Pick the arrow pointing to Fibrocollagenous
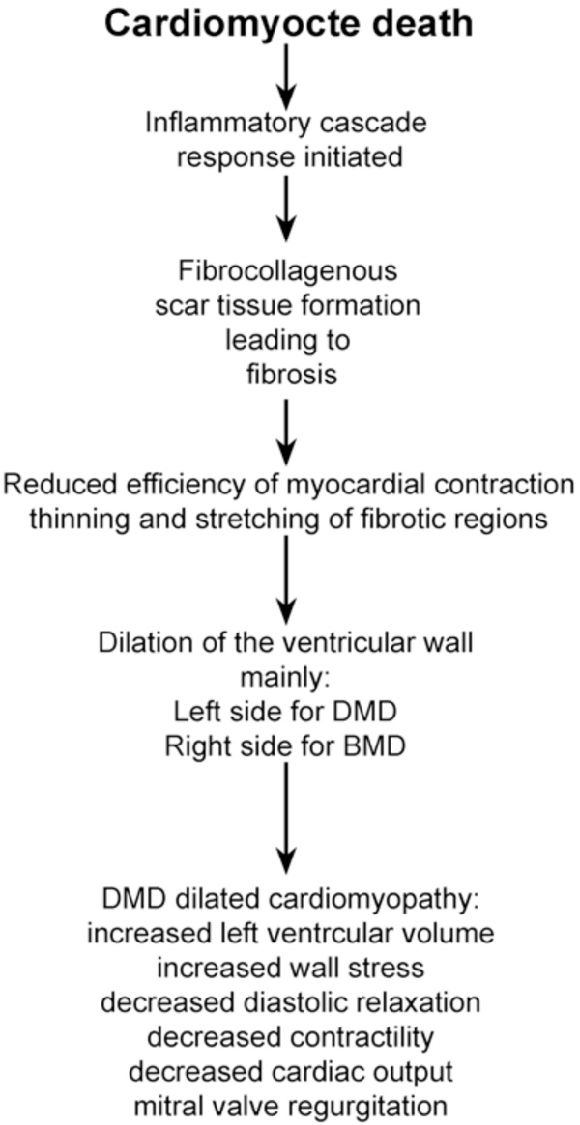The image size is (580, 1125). click(286, 208)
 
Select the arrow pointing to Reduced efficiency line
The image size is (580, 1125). click(286, 432)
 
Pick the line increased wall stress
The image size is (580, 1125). click(289, 968)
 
